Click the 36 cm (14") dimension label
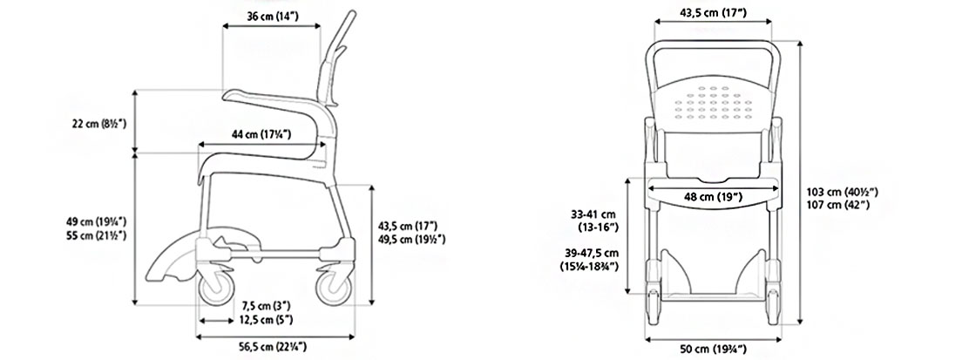pyautogui.click(x=273, y=16)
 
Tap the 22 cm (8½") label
pyautogui.click(x=99, y=124)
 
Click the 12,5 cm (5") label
pyautogui.click(x=267, y=320)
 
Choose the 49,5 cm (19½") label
pyautogui.click(x=411, y=240)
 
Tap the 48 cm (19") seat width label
pyautogui.click(x=713, y=197)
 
